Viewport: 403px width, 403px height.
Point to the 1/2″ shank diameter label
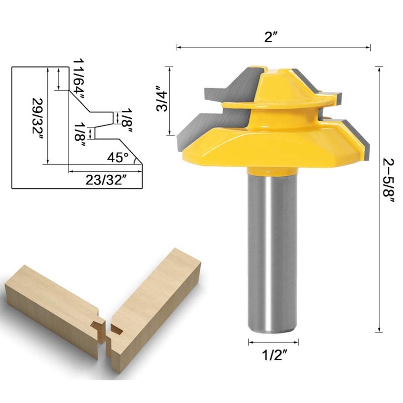274,355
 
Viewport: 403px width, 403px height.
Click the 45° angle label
118,157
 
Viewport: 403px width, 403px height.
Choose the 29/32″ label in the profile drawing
37,118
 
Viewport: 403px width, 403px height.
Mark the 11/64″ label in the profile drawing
79,79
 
